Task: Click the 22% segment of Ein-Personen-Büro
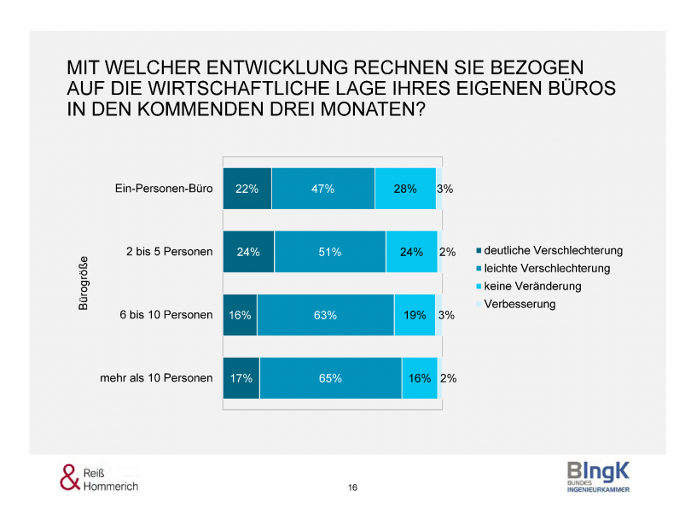pyautogui.click(x=247, y=189)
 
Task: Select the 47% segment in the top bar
pyautogui.click(x=322, y=189)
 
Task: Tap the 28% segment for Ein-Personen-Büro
pyautogui.click(x=404, y=189)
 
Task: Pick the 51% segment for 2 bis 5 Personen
pyautogui.click(x=329, y=252)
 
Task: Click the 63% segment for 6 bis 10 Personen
pyautogui.click(x=325, y=315)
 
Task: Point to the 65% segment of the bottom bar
pyautogui.click(x=330, y=378)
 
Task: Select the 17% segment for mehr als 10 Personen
pyautogui.click(x=241, y=378)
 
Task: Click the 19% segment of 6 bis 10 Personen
pyautogui.click(x=415, y=315)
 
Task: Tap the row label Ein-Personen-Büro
pyautogui.click(x=164, y=189)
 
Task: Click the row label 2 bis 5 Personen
pyautogui.click(x=169, y=252)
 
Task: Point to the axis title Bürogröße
pyautogui.click(x=84, y=283)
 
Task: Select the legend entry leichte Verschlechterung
pyautogui.click(x=547, y=268)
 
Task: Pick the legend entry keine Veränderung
pyautogui.click(x=533, y=286)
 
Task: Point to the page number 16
pyautogui.click(x=352, y=487)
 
